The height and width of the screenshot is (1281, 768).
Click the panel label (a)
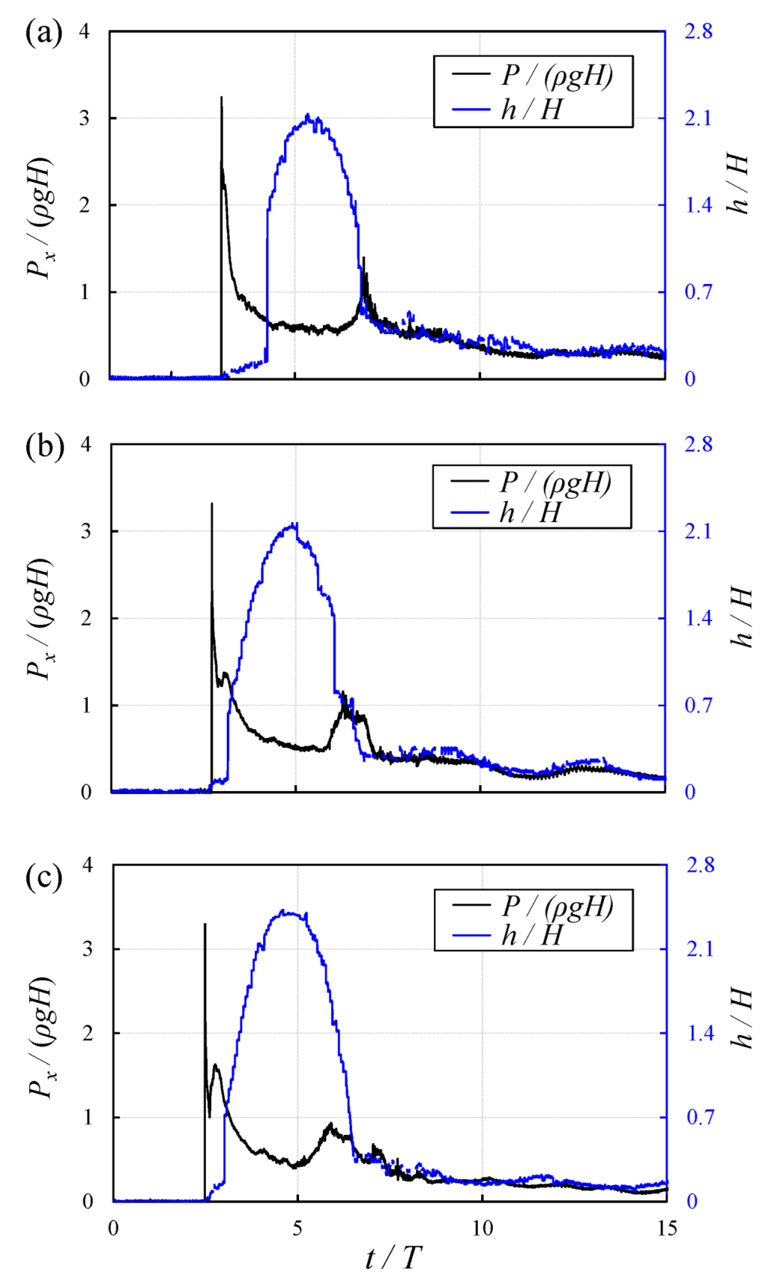pyautogui.click(x=44, y=34)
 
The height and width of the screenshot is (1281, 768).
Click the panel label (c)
pyautogui.click(x=44, y=877)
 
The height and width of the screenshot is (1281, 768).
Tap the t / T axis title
pyautogui.click(x=394, y=1259)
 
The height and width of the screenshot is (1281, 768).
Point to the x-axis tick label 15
pyautogui.click(x=666, y=1228)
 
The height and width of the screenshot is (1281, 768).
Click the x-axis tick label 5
pyautogui.click(x=298, y=1228)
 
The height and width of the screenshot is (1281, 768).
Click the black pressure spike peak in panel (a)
pyautogui.click(x=221, y=98)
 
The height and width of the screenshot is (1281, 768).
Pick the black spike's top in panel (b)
pyautogui.click(x=212, y=504)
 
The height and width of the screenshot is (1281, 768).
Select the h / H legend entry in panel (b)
pyautogui.click(x=530, y=513)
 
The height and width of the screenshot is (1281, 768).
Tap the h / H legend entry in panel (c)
pyautogui.click(x=532, y=935)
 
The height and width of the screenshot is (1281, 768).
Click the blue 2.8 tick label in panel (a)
pyautogui.click(x=699, y=31)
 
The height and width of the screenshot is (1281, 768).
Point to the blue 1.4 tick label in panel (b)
pyautogui.click(x=699, y=618)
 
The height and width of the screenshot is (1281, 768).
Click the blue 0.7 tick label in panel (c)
pyautogui.click(x=700, y=1117)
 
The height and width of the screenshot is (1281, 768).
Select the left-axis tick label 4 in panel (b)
pyautogui.click(x=86, y=444)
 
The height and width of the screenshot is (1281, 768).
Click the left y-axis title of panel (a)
pyautogui.click(x=40, y=218)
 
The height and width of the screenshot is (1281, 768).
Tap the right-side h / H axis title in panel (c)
pyautogui.click(x=740, y=1018)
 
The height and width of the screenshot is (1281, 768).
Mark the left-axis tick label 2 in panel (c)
pyautogui.click(x=88, y=1033)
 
